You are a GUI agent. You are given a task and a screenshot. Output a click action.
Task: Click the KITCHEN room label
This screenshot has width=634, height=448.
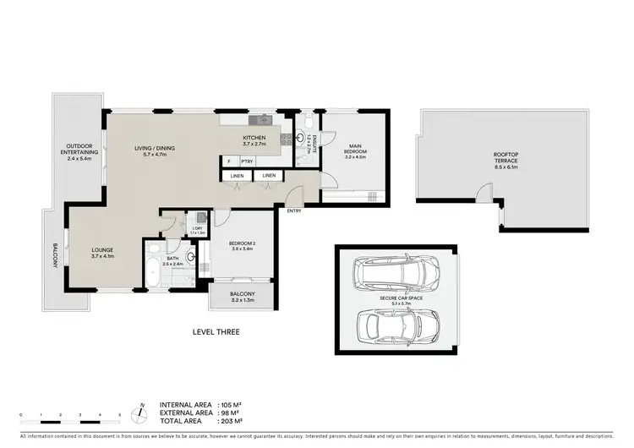pos(254,138)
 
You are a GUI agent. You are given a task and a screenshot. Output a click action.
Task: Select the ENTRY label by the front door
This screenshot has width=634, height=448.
pos(293,210)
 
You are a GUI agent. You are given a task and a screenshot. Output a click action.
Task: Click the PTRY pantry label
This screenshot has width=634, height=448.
pos(248,161)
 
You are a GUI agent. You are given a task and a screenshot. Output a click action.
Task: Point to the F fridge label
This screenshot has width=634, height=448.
pos(227,161)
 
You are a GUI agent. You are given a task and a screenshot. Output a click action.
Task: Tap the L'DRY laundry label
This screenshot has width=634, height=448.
pos(197,229)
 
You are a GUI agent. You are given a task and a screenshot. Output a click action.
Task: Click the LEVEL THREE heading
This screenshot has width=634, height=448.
pos(216,332)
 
